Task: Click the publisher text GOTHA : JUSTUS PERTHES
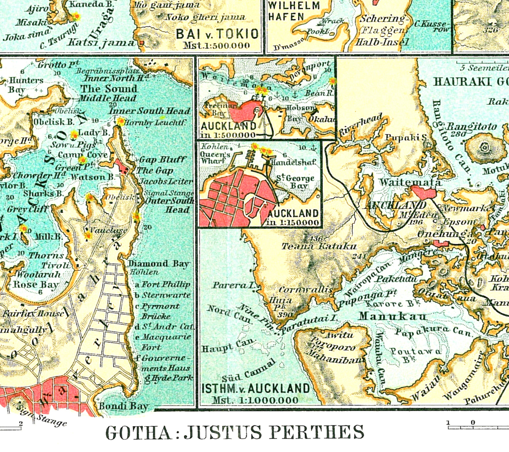coord(235,432)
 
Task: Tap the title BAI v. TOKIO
coord(217,34)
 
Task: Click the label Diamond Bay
coord(159,264)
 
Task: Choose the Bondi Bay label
coord(123,406)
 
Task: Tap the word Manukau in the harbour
coord(392,317)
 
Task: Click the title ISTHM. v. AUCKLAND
coord(256,389)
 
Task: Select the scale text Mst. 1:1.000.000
coord(255,400)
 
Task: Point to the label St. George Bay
coord(295,182)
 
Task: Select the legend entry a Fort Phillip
coord(163,284)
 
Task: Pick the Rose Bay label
coord(36,284)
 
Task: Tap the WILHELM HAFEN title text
coord(294,11)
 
